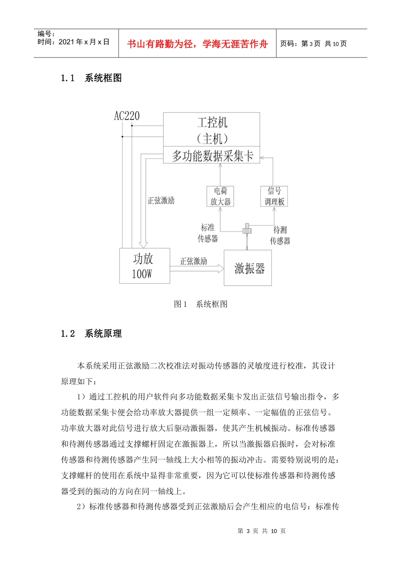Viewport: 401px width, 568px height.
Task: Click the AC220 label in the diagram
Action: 127,116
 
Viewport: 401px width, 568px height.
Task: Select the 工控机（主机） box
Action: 211,130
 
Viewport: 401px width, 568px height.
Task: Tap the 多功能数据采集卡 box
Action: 211,156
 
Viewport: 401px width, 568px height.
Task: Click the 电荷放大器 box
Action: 220,197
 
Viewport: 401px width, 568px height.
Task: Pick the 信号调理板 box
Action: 274,197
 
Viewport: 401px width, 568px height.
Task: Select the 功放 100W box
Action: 144,266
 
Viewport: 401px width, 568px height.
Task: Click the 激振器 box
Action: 248,268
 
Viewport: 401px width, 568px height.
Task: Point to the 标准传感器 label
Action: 208,233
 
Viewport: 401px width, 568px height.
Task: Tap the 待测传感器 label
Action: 280,235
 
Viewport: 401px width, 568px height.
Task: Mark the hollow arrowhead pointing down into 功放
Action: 143,244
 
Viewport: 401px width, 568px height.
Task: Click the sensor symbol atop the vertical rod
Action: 247,229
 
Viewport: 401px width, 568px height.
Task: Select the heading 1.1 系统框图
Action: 91,78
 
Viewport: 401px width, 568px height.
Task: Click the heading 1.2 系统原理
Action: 91,334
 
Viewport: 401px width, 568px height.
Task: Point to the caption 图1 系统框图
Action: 200,304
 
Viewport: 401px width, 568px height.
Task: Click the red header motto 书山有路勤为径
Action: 197,44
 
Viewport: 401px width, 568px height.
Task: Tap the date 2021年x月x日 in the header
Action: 84,42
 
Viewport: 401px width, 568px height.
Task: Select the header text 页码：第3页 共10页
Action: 313,44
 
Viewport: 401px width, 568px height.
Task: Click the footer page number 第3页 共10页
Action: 262,531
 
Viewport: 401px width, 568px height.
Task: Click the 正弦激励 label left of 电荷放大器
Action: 161,200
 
